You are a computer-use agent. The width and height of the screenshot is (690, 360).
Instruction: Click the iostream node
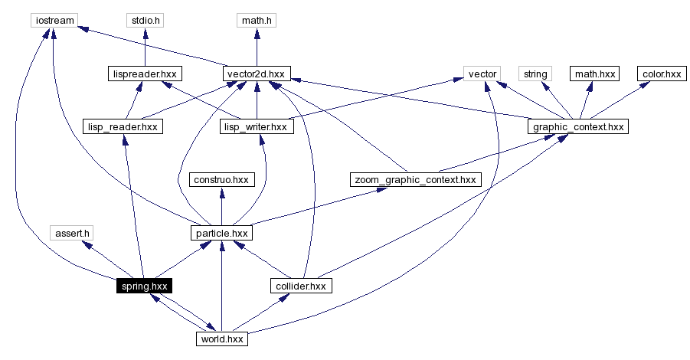pos(53,20)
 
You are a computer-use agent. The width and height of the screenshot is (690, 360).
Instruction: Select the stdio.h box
pos(146,20)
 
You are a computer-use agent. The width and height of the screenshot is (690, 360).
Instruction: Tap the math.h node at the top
pos(257,20)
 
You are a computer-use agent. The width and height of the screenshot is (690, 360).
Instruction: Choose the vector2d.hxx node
pos(257,74)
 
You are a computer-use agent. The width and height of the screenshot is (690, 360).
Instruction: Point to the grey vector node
pos(482,74)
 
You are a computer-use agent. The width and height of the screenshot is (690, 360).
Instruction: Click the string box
pos(535,74)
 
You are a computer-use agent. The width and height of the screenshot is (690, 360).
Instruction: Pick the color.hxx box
pos(662,74)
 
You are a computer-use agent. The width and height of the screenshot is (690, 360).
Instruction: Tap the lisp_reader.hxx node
pos(123,126)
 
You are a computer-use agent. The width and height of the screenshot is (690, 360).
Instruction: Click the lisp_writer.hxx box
pos(257,126)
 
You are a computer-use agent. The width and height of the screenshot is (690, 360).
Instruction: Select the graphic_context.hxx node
pos(578,126)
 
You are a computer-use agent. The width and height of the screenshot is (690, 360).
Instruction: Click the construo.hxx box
pos(221,179)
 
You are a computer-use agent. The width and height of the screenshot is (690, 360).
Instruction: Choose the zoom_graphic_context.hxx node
pos(414,179)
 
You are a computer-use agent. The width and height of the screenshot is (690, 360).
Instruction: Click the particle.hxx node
pos(221,232)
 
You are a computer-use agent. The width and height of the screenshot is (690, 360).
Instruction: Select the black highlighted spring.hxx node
pos(143,286)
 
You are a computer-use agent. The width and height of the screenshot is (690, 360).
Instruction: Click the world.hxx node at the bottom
pos(221,339)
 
